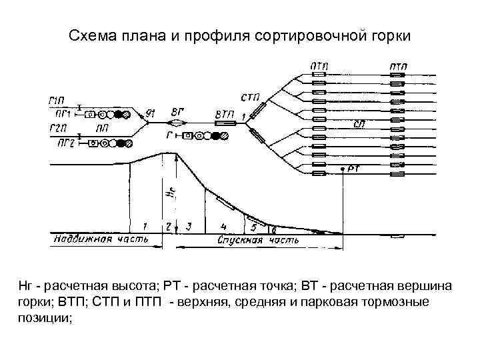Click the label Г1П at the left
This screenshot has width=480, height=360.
[x=57, y=100]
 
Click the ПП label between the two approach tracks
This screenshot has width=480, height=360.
[x=103, y=127]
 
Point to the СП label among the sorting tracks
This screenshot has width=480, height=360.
[x=359, y=125]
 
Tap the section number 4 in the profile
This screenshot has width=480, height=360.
[x=224, y=225]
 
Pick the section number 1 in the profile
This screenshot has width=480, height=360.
[x=145, y=225]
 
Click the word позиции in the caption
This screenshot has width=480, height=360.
[x=44, y=318]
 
